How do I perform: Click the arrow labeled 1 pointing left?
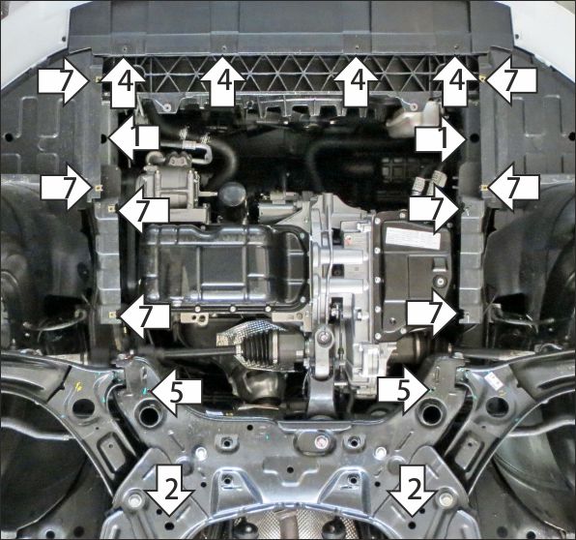pos(133,138)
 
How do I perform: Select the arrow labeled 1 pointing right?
pos(442,139)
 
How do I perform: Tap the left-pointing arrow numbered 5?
pos(176,392)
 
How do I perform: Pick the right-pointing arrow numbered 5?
pos(403,392)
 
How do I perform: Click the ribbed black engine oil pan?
pos(224,265)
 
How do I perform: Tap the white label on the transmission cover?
pos(415,236)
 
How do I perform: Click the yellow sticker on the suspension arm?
pos(80,387)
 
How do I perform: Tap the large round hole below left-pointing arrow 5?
pos(149,414)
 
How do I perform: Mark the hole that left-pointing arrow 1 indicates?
pos(103,138)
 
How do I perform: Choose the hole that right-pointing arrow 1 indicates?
pos(474,138)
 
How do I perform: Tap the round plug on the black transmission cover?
pos(440,282)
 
